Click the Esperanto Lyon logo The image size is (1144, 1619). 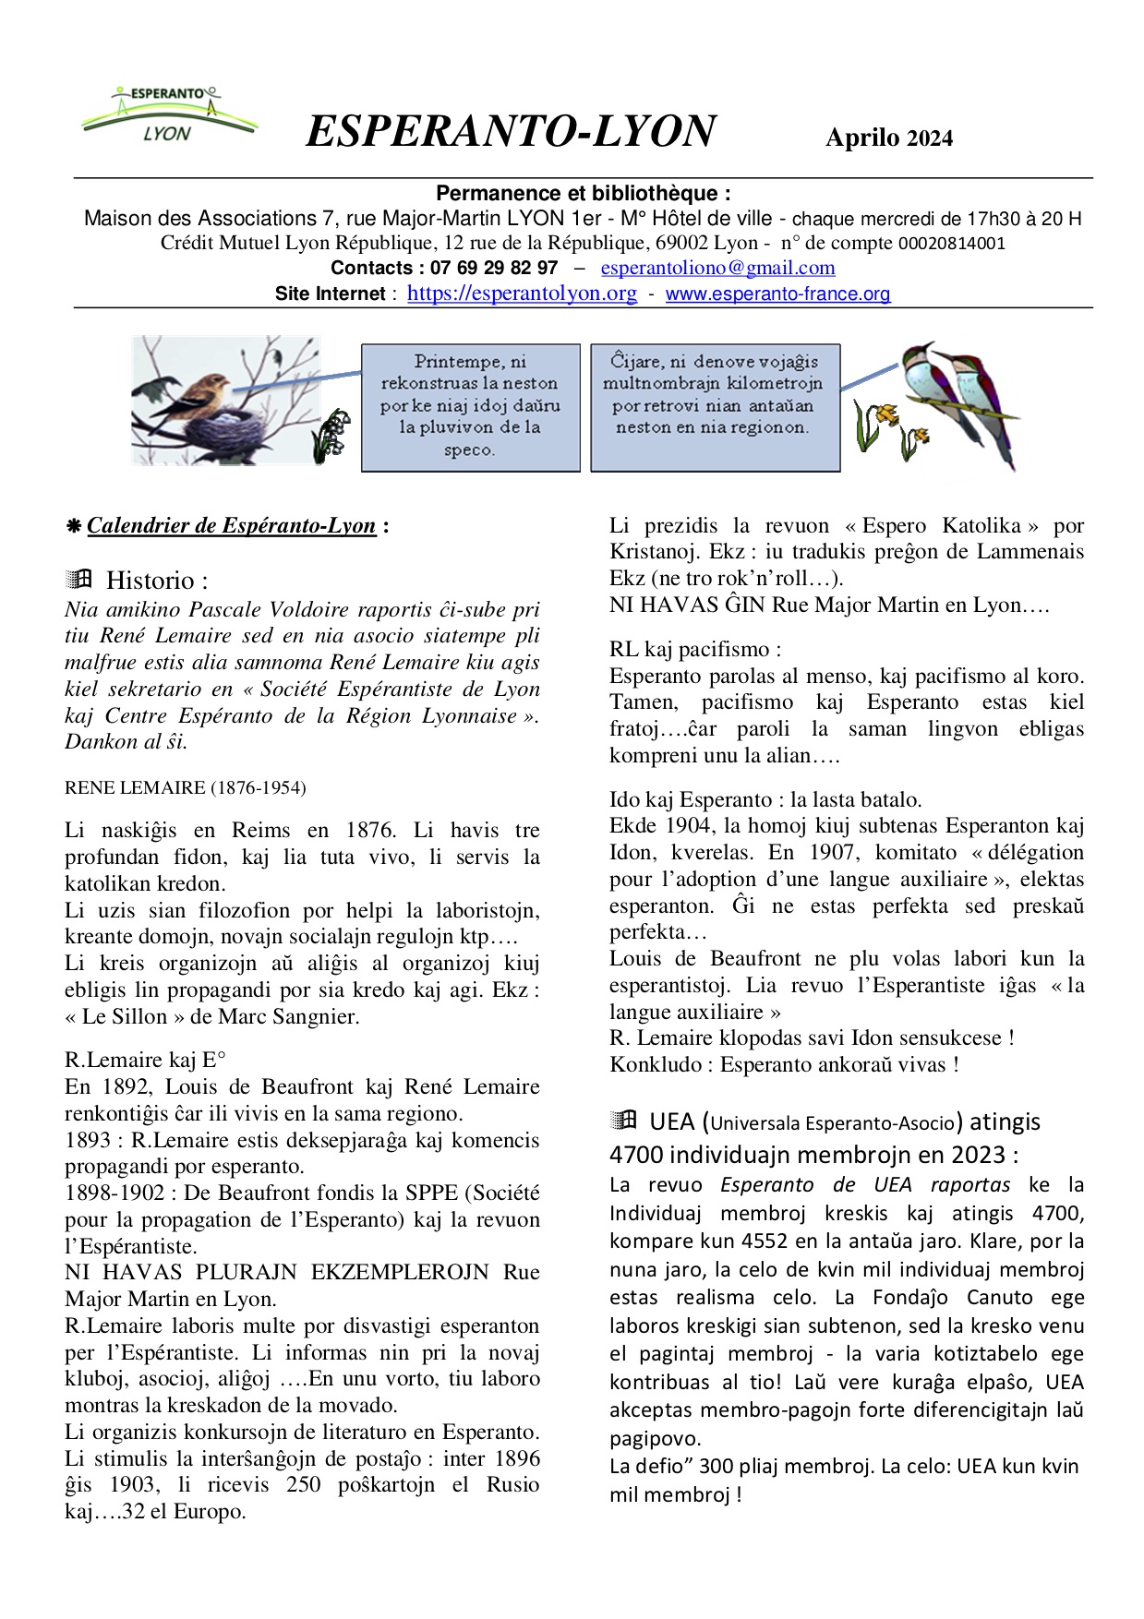click(168, 115)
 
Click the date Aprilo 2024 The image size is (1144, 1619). click(888, 138)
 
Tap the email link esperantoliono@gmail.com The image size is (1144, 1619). click(717, 268)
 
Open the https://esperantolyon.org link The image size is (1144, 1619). click(522, 294)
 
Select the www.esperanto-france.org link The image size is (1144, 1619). click(777, 294)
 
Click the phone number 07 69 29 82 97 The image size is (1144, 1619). click(494, 268)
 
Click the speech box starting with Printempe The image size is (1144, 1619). click(470, 406)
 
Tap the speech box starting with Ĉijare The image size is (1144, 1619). click(715, 406)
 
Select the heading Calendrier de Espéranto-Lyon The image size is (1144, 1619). click(231, 526)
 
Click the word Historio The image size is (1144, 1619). click(156, 581)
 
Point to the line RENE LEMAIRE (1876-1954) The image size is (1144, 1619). click(185, 787)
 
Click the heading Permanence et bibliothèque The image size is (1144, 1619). click(583, 194)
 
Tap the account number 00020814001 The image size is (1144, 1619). click(951, 244)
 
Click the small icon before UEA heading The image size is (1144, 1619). click(624, 1121)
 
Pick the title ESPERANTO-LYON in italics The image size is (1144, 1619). click(511, 131)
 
